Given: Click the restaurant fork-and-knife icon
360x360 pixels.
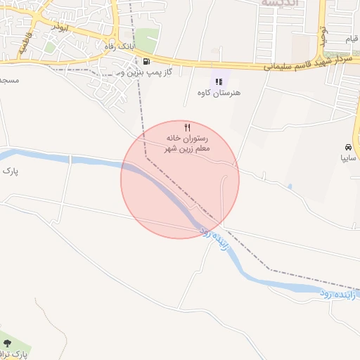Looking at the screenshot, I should coord(186,127).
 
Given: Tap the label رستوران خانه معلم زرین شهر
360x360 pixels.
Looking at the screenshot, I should coord(188,143).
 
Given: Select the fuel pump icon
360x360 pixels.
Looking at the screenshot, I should coord(146,62).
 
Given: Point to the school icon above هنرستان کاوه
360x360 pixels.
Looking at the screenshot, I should coord(219,82).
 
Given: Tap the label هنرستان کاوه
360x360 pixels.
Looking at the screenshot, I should coord(216,93).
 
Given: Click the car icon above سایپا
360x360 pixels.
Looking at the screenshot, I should coord(348,148).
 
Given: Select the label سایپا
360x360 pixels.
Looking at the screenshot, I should coord(349,159).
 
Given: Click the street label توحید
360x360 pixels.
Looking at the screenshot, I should coord(323,34).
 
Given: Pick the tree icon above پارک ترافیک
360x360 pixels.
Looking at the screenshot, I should coord(8,343).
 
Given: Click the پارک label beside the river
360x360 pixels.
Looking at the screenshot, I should coord(10,171).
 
